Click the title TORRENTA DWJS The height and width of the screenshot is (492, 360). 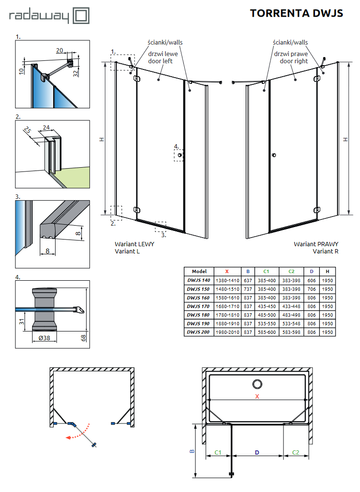296,13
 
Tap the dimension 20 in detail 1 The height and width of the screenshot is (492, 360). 60,50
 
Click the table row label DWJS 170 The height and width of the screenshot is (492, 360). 198,306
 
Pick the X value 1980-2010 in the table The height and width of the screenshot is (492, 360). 227,332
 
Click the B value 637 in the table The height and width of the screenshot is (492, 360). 247,280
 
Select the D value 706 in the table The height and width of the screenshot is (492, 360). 311,289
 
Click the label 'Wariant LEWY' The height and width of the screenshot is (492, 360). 134,244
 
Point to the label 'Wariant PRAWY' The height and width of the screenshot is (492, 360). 316,244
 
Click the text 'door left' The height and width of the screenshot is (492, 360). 160,61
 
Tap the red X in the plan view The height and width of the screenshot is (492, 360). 257,396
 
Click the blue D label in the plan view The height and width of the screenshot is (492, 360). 257,452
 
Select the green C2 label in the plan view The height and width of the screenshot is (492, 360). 295,452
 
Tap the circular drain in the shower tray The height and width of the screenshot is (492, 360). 257,384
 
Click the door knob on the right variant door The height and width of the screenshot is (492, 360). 273,155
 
